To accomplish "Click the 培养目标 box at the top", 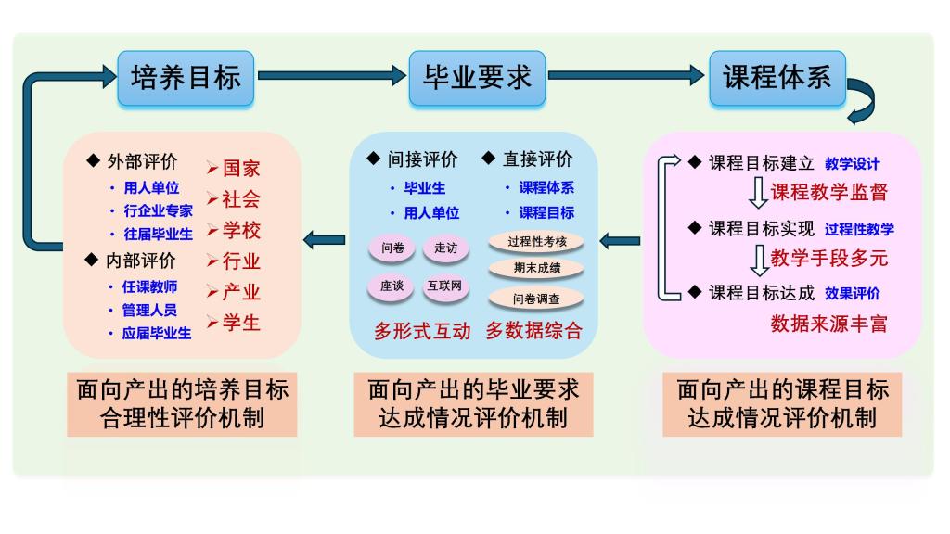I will [x=186, y=77].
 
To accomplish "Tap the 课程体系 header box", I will [x=777, y=77].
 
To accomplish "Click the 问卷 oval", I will [x=392, y=248].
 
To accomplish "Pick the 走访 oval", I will [x=446, y=248].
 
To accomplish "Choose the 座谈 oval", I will [x=392, y=286].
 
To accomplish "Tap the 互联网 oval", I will [x=446, y=286].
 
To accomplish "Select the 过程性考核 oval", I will [x=537, y=241].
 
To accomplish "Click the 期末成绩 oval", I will [x=537, y=269].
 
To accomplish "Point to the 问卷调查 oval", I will [x=537, y=299].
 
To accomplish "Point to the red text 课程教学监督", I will [x=829, y=192].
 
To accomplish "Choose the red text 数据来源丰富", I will [x=829, y=324].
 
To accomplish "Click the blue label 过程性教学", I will [x=859, y=229].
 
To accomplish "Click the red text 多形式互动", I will [x=423, y=331].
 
